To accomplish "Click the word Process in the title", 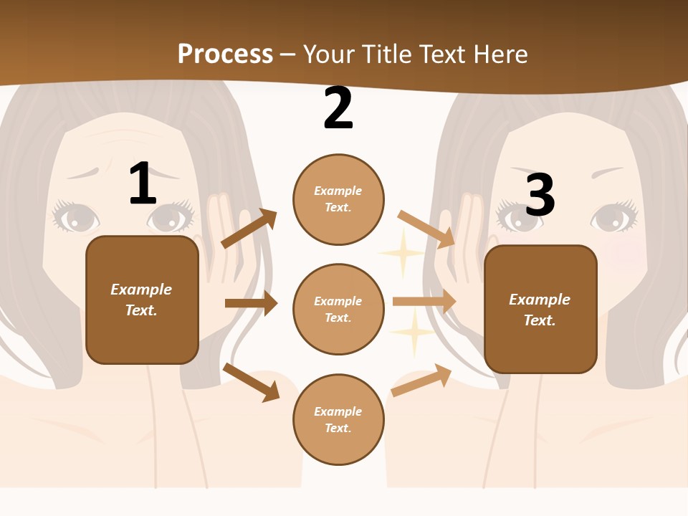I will coord(225,54).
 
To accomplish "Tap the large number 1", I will coord(143,183).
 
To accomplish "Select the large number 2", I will coord(338,108).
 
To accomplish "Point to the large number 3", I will coord(540,194).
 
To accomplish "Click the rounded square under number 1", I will coord(142,300).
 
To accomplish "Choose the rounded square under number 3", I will coord(540,309).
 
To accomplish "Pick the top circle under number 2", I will coord(338,199).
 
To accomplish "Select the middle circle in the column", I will coord(338,309).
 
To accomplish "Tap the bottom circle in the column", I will coord(338,419).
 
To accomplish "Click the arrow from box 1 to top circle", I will coord(249,229).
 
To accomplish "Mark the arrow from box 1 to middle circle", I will coord(251,303).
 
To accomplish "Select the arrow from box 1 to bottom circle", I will coord(252,382).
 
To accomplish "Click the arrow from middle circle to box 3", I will coord(424,301).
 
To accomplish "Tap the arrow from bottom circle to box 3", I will coord(422,381).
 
